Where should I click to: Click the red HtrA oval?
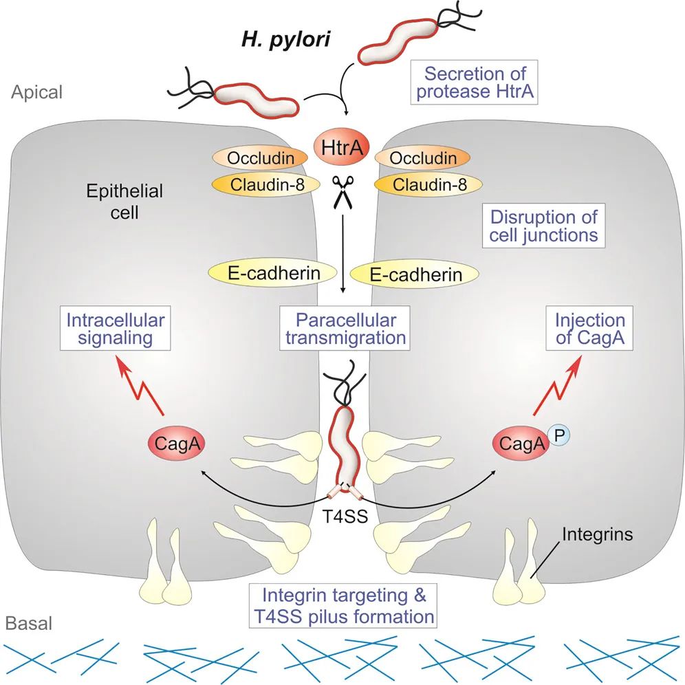[342, 146]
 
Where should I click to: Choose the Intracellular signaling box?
[116, 329]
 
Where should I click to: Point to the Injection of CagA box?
[590, 329]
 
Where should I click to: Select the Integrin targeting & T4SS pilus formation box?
[342, 605]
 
